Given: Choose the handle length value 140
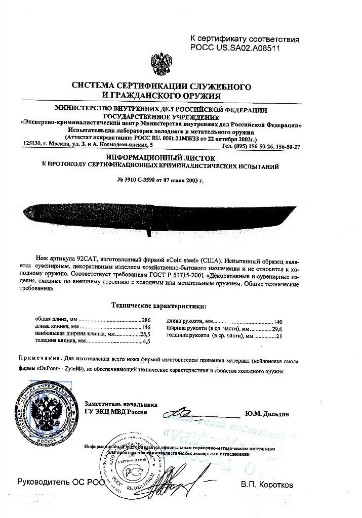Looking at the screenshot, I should point(277,322).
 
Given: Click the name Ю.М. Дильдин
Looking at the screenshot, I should point(266,414).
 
